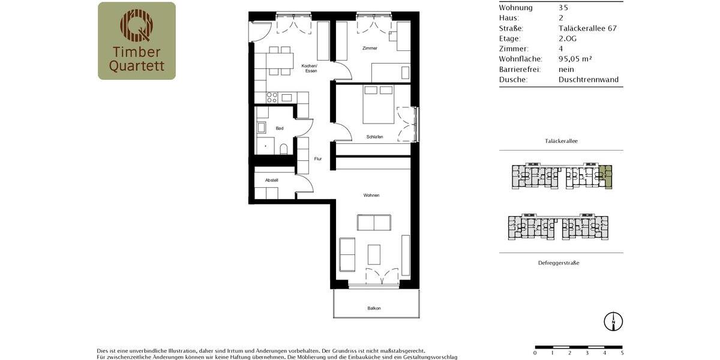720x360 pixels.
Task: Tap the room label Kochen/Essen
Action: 310,68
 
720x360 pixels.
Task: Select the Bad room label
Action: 280,128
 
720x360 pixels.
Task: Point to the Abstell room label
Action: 272,180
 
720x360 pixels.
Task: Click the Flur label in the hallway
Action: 318,159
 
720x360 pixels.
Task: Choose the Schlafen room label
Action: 374,137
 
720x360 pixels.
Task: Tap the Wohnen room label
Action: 371,195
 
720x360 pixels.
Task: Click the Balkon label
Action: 374,308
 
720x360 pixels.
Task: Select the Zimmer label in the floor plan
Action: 370,48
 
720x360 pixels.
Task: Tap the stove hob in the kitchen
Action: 272,97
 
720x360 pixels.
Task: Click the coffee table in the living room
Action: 374,254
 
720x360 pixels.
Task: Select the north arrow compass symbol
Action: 613,322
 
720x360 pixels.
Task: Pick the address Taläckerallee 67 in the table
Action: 587,28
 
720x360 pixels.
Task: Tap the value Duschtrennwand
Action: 588,79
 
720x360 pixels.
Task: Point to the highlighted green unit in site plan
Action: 607,176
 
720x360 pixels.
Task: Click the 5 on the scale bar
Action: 622,353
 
